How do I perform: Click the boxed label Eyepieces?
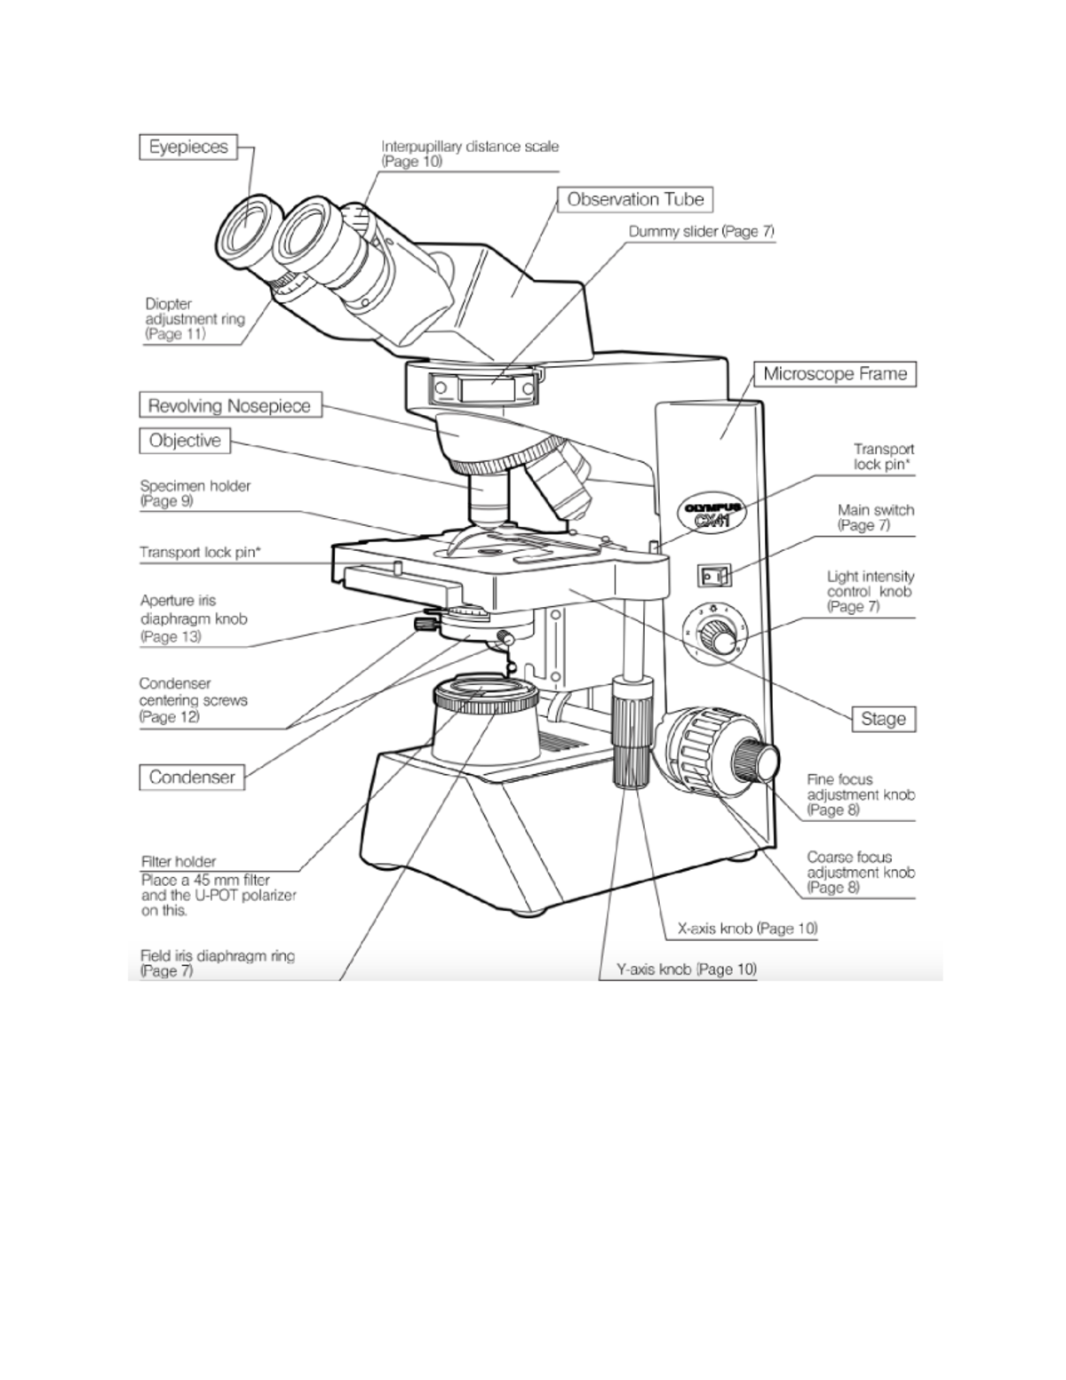(188, 147)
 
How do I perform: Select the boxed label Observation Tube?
(635, 199)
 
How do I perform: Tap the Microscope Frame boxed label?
(835, 373)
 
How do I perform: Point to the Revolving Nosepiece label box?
(229, 406)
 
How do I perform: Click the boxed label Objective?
(185, 441)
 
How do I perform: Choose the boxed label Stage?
(883, 719)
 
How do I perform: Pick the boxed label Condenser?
(192, 778)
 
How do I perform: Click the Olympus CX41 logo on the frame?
(711, 513)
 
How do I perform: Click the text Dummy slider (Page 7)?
(702, 231)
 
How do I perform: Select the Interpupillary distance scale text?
(470, 147)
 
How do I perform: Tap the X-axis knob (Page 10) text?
(747, 929)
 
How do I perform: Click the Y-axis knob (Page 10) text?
(687, 969)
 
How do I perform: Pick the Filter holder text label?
(179, 861)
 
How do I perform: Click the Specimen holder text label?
(195, 486)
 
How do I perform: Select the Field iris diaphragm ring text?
(218, 956)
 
